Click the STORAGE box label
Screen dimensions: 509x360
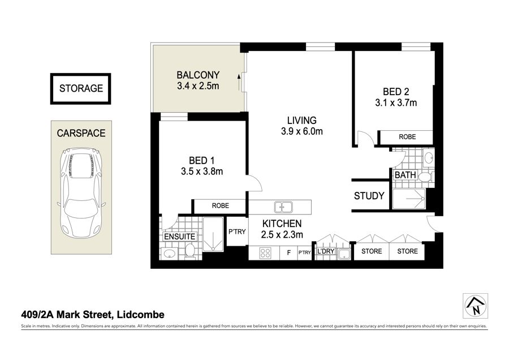[81, 88]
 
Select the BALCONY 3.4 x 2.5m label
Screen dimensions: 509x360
[198, 80]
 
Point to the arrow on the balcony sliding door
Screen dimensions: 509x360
[239, 83]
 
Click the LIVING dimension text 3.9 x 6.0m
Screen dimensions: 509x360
[302, 131]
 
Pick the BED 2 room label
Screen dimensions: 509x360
[396, 92]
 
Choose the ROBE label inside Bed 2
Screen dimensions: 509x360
[407, 137]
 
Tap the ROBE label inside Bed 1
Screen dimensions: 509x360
[221, 205]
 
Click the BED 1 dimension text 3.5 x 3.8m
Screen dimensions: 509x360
[202, 172]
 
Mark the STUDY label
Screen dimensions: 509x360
[369, 196]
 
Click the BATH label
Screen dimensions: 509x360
[405, 175]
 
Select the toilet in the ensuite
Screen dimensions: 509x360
[190, 252]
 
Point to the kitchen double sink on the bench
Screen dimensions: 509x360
[283, 207]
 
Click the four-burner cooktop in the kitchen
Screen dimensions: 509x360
[265, 253]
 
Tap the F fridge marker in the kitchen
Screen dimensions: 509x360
[288, 253]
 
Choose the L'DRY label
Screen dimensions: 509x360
[326, 251]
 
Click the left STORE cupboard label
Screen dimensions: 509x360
[372, 251]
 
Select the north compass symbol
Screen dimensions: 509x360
[476, 306]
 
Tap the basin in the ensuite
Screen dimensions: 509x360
[170, 254]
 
